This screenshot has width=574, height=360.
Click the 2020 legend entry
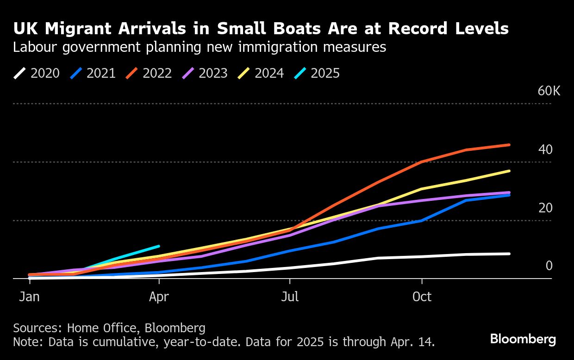37,73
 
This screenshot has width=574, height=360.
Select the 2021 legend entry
93,73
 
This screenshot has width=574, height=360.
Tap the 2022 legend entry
149,73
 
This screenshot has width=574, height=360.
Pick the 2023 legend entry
205,73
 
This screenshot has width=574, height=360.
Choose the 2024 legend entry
261,73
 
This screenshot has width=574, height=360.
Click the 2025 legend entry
317,73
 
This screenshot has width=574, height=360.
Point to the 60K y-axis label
549,91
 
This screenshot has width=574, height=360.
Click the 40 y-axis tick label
545,149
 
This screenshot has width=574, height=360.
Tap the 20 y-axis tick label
545,208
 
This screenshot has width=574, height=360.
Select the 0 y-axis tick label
549,266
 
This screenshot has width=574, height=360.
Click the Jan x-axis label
29,296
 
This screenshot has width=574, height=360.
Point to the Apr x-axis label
159,296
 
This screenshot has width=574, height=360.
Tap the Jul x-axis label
290,296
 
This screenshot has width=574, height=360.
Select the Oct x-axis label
422,296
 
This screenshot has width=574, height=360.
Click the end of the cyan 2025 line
159,246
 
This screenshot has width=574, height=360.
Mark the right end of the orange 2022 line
509,145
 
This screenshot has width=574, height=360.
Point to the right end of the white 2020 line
509,254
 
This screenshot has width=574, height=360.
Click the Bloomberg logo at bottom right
523,339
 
